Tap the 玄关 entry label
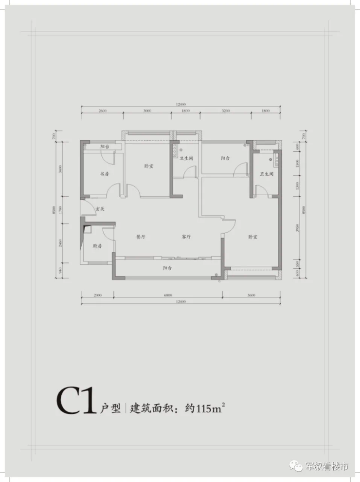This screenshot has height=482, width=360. (100, 209)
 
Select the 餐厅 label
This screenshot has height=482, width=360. (142, 237)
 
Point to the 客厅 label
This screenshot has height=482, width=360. (186, 237)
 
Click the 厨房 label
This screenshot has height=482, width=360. (97, 246)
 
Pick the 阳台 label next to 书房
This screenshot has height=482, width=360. (104, 147)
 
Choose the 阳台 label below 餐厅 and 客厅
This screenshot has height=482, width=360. (168, 268)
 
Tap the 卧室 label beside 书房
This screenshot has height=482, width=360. (149, 166)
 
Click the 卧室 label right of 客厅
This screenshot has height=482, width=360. (252, 237)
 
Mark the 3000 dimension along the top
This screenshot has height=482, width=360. (147, 111)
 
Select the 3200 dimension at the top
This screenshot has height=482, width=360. (225, 111)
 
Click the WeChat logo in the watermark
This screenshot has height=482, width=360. (296, 466)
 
